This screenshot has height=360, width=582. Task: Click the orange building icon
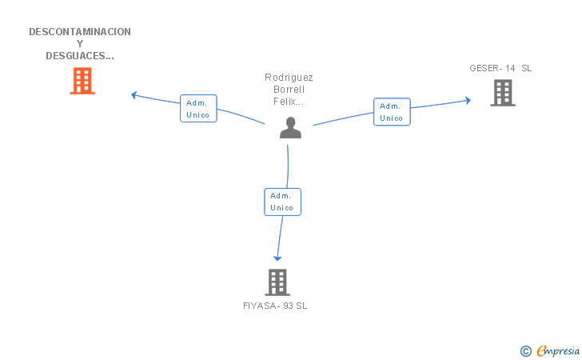[x=82, y=81]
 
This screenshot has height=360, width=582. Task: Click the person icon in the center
[x=291, y=128]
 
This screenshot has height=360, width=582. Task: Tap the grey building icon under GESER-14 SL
[x=503, y=93]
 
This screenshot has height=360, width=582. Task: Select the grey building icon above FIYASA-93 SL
[x=277, y=282]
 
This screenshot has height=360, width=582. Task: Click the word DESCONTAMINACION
[x=80, y=32]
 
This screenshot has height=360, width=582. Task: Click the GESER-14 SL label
[x=500, y=68]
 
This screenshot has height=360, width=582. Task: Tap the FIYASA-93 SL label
[x=275, y=306]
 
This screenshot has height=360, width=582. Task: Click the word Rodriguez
[x=289, y=78]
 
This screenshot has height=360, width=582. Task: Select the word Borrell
[x=289, y=90]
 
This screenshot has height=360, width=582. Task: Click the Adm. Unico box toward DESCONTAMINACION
[x=198, y=109]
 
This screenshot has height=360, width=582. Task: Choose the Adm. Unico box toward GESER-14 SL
[x=392, y=112]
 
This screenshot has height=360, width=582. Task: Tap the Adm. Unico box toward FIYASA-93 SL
[x=283, y=202]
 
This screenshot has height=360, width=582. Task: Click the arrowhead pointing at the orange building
[x=134, y=95]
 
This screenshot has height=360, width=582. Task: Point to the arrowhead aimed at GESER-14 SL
[x=468, y=100]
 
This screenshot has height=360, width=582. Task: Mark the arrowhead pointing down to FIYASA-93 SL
[x=277, y=258]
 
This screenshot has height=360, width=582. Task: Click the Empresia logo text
[x=558, y=350]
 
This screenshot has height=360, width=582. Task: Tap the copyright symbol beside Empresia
[x=526, y=351]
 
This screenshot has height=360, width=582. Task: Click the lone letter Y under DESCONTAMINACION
[x=80, y=44]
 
